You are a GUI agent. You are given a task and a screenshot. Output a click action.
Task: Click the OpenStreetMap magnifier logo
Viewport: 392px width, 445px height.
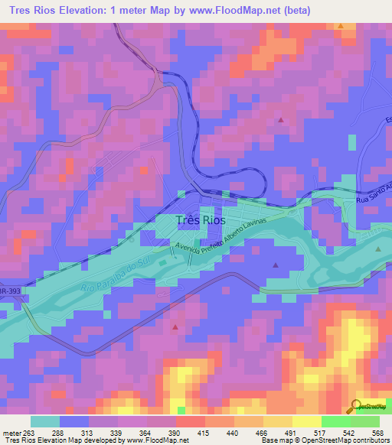point(356,406)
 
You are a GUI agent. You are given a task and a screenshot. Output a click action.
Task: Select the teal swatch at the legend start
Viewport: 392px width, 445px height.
point(45,421)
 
